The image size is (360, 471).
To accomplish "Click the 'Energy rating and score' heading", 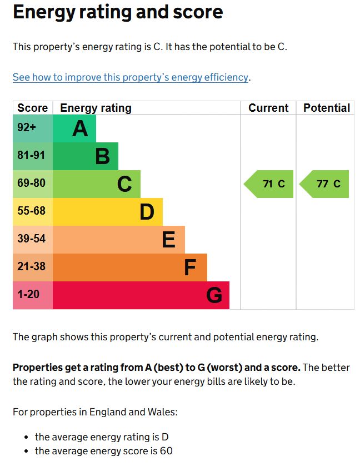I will tap(118, 12).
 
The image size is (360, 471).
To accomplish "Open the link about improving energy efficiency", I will tap(131, 77).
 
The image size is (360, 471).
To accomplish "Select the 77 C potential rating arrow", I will tap(325, 184).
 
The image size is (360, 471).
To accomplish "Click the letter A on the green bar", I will tap(80, 128).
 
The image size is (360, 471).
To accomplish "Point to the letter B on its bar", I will tap(102, 156).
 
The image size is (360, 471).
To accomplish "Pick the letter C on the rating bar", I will tap(124, 184).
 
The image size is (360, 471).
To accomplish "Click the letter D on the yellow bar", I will tap(147, 212).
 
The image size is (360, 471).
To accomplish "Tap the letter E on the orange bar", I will tap(168, 240).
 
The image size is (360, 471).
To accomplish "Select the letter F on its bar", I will tap(190, 267).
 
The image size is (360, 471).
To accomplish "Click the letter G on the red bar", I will tap(214, 295).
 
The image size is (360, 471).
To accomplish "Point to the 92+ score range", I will tap(27, 128).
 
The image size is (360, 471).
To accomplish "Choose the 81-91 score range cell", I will tap(31, 156).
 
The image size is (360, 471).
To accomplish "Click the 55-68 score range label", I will tap(31, 211).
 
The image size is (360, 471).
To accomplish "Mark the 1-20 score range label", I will tap(28, 295).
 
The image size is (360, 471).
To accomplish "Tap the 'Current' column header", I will tap(268, 108).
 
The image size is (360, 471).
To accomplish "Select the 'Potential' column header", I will tap(327, 108).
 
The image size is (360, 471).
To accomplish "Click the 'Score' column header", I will tap(33, 108).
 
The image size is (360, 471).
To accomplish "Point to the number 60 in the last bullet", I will tap(166, 451).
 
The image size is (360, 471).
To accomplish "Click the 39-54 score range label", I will tap(31, 239).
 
